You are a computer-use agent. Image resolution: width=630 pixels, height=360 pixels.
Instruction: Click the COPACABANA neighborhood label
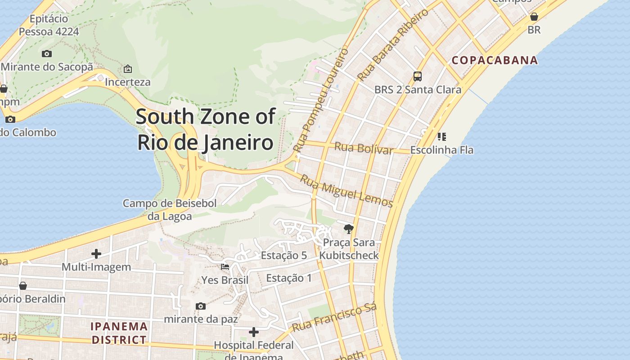[495, 60]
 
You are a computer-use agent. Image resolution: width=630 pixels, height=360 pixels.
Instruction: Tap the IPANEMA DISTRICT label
[119, 333]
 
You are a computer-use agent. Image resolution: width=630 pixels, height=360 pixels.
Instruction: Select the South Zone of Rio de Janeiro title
[205, 130]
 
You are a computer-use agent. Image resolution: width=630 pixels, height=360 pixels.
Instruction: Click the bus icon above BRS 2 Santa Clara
[418, 76]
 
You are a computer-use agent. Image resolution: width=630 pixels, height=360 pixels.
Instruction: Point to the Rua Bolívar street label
[364, 148]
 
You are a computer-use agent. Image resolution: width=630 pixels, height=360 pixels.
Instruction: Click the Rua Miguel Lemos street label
[346, 191]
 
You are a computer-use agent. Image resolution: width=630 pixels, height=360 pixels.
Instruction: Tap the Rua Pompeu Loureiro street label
[320, 100]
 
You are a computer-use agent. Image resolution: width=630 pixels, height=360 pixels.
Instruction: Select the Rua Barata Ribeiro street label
[392, 45]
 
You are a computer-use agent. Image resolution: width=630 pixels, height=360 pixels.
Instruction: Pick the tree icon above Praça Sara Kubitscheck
[348, 229]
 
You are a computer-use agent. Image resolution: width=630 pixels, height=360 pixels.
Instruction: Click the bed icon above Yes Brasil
[225, 267]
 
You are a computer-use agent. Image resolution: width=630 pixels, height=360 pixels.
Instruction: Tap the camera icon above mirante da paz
[201, 306]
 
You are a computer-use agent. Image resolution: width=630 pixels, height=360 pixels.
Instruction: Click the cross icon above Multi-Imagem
[96, 254]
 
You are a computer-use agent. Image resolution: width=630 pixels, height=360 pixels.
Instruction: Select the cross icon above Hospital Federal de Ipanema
[254, 332]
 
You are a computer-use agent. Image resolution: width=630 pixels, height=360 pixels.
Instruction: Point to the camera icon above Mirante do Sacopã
[47, 54]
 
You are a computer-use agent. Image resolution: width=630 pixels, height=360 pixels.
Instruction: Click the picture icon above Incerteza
[128, 69]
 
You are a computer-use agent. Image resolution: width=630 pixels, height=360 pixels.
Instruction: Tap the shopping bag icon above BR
[534, 17]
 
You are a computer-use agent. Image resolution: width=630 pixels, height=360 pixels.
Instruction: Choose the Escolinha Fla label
[442, 150]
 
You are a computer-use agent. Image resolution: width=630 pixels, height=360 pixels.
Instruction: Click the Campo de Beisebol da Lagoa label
[170, 210]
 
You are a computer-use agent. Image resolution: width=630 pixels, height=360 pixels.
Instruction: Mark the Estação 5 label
[283, 256]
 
